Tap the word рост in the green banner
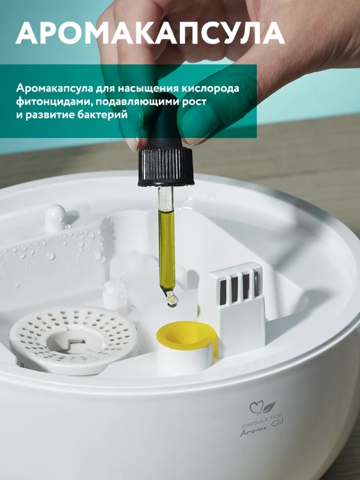tap(194, 101)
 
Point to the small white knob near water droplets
tap(55, 217)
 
